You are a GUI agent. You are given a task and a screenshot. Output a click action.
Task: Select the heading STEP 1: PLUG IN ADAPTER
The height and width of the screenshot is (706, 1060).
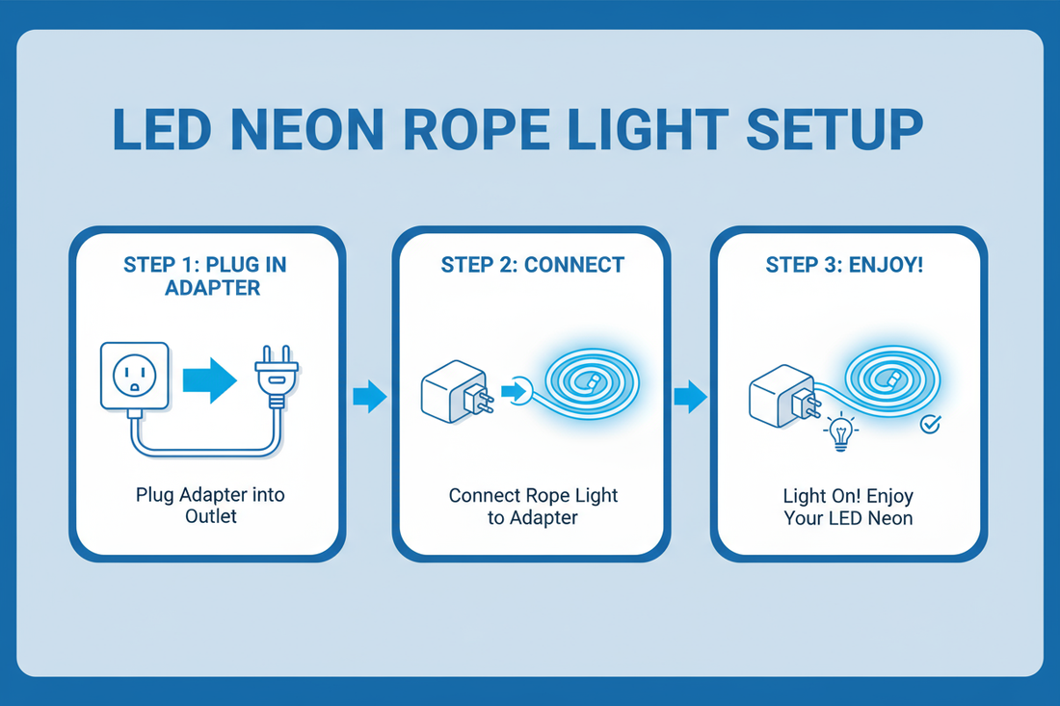tap(204, 275)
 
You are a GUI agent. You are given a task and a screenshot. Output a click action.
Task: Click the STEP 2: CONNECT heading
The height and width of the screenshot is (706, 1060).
tap(532, 265)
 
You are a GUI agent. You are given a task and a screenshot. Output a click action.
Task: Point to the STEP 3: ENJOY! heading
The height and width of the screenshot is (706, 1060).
tap(843, 265)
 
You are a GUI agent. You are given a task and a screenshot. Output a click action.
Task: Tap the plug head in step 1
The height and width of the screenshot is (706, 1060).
tap(276, 377)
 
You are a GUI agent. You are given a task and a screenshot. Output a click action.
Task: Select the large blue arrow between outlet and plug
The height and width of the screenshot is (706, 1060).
tap(209, 381)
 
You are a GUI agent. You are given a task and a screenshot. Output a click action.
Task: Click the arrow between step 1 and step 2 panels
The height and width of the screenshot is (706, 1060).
tap(369, 396)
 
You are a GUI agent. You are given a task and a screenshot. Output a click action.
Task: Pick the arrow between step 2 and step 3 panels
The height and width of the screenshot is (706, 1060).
tap(688, 396)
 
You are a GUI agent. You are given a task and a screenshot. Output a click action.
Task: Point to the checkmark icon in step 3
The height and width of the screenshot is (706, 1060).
tap(930, 423)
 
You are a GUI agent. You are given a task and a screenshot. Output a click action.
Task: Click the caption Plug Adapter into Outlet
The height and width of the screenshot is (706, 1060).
tap(210, 506)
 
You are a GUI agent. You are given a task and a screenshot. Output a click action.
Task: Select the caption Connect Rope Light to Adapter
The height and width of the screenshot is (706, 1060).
tap(532, 506)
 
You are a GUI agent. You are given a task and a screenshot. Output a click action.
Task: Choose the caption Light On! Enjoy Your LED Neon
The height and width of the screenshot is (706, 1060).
tap(847, 508)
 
